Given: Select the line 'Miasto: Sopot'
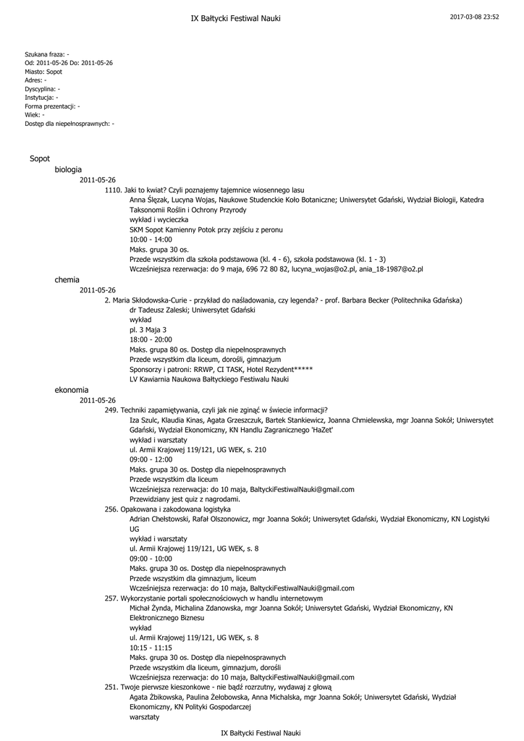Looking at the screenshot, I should point(43,72).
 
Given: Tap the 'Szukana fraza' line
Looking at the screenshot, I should point(47,54).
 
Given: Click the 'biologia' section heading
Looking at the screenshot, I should point(68,169).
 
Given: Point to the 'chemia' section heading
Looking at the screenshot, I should point(67,279).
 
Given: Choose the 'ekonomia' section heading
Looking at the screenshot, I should point(71,389).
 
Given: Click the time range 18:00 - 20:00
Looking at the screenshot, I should point(151,339).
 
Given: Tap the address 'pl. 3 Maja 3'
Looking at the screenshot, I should point(148,329).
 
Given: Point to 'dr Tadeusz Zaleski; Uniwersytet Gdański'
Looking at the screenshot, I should point(192,310).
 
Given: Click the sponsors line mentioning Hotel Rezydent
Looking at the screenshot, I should point(221,369).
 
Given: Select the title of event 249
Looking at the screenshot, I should point(216,410).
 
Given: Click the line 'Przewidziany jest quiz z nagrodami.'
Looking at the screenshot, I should point(185,499).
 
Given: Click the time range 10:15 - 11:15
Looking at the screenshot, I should point(151,648).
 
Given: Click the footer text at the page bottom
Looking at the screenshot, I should point(261,732).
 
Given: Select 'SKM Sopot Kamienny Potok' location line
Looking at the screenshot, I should point(206,229).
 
